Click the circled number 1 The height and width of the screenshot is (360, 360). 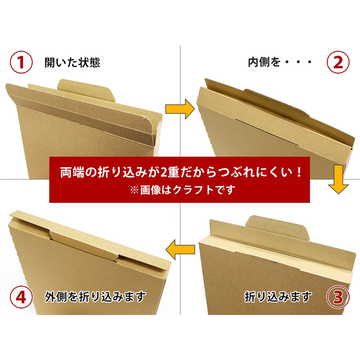coord(21,62)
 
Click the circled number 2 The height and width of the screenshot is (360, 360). coord(338,62)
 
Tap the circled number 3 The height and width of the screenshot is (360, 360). coord(338,297)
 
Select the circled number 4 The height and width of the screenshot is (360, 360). coord(21,297)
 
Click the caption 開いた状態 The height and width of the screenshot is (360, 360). coord(72,63)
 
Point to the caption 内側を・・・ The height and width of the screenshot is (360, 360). coord(280,62)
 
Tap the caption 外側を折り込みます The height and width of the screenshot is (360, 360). coord(95,297)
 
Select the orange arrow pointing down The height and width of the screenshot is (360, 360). coord(338,179)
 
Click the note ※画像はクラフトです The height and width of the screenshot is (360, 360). coord(183,190)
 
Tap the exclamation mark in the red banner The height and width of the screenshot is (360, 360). coord(298,172)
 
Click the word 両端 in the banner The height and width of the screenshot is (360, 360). coord(72,172)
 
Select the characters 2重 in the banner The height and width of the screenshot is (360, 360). coord(170,172)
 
